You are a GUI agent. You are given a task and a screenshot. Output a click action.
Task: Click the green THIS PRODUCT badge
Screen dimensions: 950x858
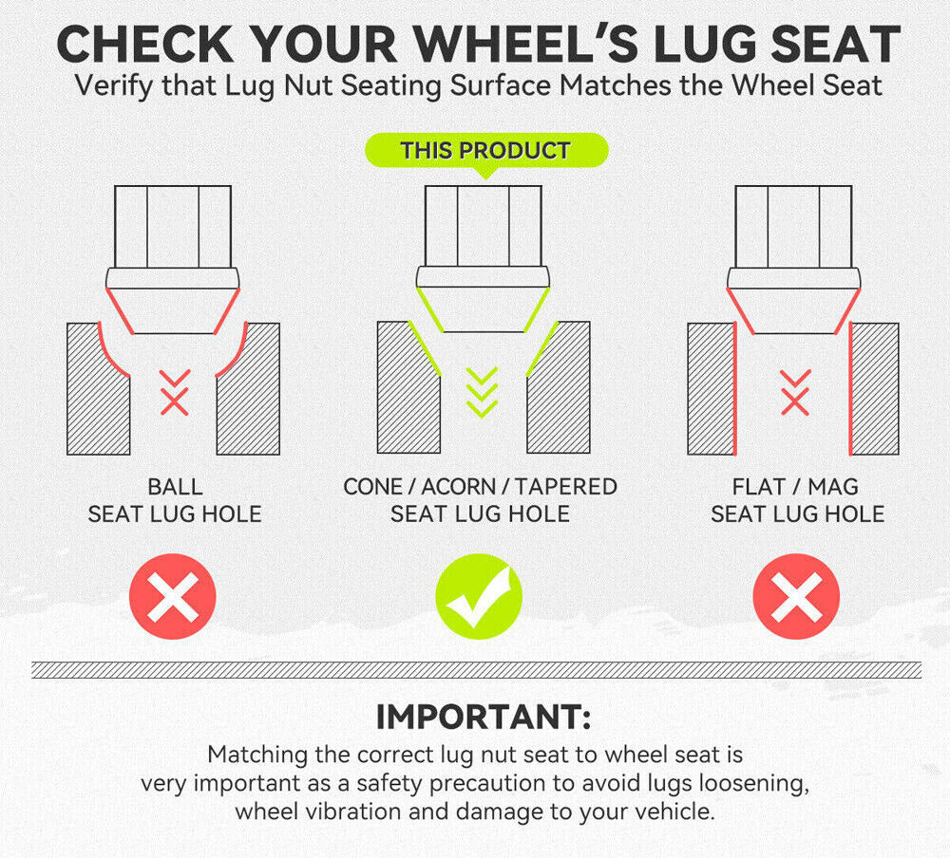pos(485,150)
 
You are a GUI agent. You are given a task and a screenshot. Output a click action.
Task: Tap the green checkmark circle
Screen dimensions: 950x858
pos(479,596)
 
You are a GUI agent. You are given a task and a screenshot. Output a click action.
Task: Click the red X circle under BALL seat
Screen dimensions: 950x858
pos(173,596)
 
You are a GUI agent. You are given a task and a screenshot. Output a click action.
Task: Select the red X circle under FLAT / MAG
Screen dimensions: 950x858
pos(796,596)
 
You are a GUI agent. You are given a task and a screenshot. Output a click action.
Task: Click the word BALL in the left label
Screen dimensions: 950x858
pos(175,487)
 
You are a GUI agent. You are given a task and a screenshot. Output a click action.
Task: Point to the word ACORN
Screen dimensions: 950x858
pos(459,487)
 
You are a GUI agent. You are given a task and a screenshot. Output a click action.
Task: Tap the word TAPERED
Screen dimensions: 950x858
pos(566,487)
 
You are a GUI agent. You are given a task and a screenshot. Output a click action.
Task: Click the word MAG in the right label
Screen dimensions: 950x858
pos(833,487)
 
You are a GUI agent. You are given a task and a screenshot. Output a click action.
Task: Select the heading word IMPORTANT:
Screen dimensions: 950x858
pos(484,717)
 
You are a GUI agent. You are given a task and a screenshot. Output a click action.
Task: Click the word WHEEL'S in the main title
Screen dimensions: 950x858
pos(526,45)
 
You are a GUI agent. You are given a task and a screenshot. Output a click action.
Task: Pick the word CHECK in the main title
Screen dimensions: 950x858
pos(144,45)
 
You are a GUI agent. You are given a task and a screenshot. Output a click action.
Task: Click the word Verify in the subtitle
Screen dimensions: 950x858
pos(114,85)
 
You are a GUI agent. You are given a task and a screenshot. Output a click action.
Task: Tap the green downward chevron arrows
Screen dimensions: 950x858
pos(483,392)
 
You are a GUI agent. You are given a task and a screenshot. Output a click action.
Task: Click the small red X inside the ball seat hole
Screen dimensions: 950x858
pos(175,401)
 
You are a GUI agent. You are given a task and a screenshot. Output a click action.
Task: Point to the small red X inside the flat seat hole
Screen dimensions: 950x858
pos(795,401)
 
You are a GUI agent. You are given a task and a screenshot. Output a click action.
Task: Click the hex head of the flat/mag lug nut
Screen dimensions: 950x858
pos(793,227)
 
